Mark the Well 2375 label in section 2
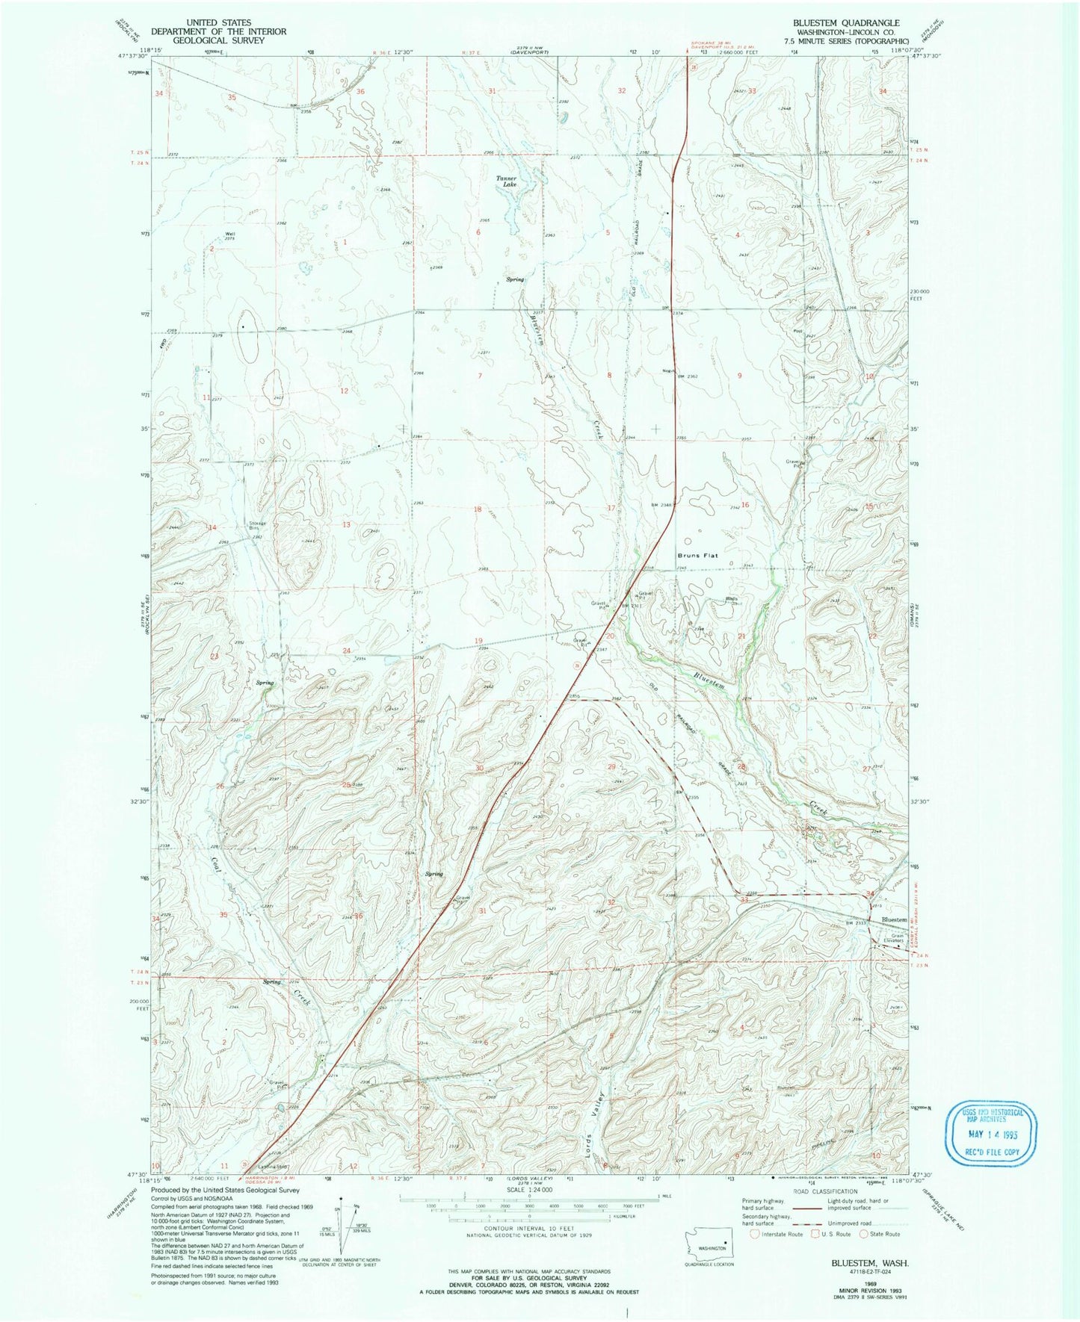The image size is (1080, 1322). (229, 236)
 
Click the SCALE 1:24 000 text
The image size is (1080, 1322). (528, 1210)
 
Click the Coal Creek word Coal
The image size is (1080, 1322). (216, 866)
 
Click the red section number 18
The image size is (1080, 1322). (478, 509)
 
